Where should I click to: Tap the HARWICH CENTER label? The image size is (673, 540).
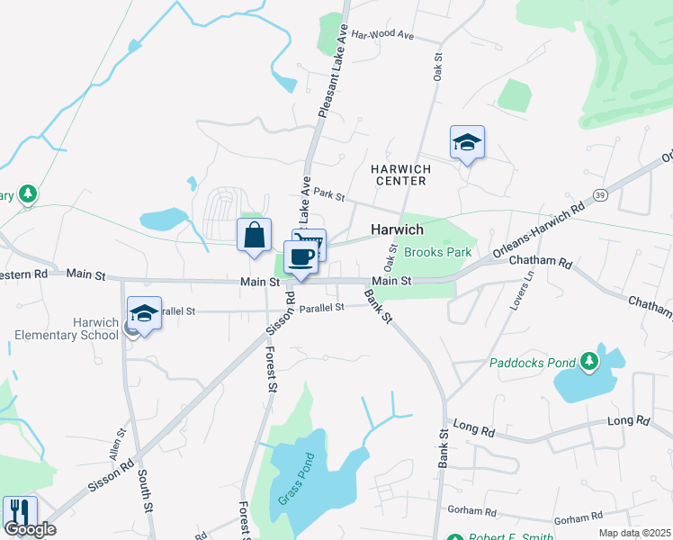pyautogui.click(x=401, y=175)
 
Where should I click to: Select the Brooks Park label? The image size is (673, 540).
pyautogui.click(x=437, y=253)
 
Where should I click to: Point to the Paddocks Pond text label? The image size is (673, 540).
pyautogui.click(x=533, y=364)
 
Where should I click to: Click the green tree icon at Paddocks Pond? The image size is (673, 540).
pyautogui.click(x=589, y=361)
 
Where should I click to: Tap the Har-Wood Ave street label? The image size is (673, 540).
pyautogui.click(x=381, y=36)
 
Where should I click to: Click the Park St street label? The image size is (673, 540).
pyautogui.click(x=330, y=194)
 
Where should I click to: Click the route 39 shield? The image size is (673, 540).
pyautogui.click(x=600, y=193)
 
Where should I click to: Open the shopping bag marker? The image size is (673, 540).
pyautogui.click(x=255, y=235)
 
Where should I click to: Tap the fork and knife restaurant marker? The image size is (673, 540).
pyautogui.click(x=19, y=512)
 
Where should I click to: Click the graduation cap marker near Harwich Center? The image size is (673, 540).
pyautogui.click(x=467, y=142)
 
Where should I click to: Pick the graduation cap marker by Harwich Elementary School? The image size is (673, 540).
pyautogui.click(x=144, y=313)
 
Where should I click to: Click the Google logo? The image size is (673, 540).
pyautogui.click(x=31, y=529)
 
